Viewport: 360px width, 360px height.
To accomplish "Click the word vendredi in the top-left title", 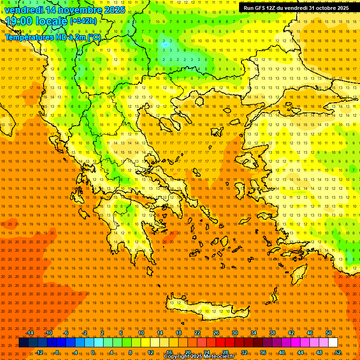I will click(24, 10).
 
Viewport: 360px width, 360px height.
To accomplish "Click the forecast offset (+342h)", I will click(83, 21).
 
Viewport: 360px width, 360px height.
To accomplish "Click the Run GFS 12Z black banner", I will click(296, 8).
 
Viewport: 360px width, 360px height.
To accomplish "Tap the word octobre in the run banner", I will click(323, 8).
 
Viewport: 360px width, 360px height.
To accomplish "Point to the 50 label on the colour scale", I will click(328, 333).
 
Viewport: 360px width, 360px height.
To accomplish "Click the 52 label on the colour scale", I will click(338, 352).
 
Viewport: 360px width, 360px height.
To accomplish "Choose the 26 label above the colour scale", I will click(216, 333).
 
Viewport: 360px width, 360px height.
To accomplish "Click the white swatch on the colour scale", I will click(333, 343).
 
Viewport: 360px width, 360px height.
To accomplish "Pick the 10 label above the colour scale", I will click(141, 333).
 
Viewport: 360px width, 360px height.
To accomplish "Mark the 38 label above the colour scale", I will click(272, 333).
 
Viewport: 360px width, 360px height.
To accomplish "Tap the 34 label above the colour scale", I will click(253, 333).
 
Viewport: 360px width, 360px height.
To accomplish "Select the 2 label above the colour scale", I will click(102, 333).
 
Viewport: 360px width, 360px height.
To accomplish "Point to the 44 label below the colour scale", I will click(300, 352).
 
